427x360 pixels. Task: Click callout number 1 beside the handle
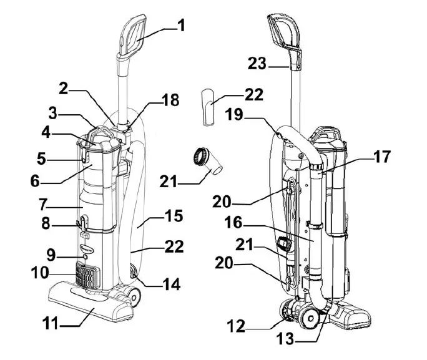pos(181,27)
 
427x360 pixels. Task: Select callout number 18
pos(170,100)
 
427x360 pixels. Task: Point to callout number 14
pos(170,286)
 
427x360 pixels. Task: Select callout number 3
pos(60,114)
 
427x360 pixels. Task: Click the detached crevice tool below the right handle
pos(208,105)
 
